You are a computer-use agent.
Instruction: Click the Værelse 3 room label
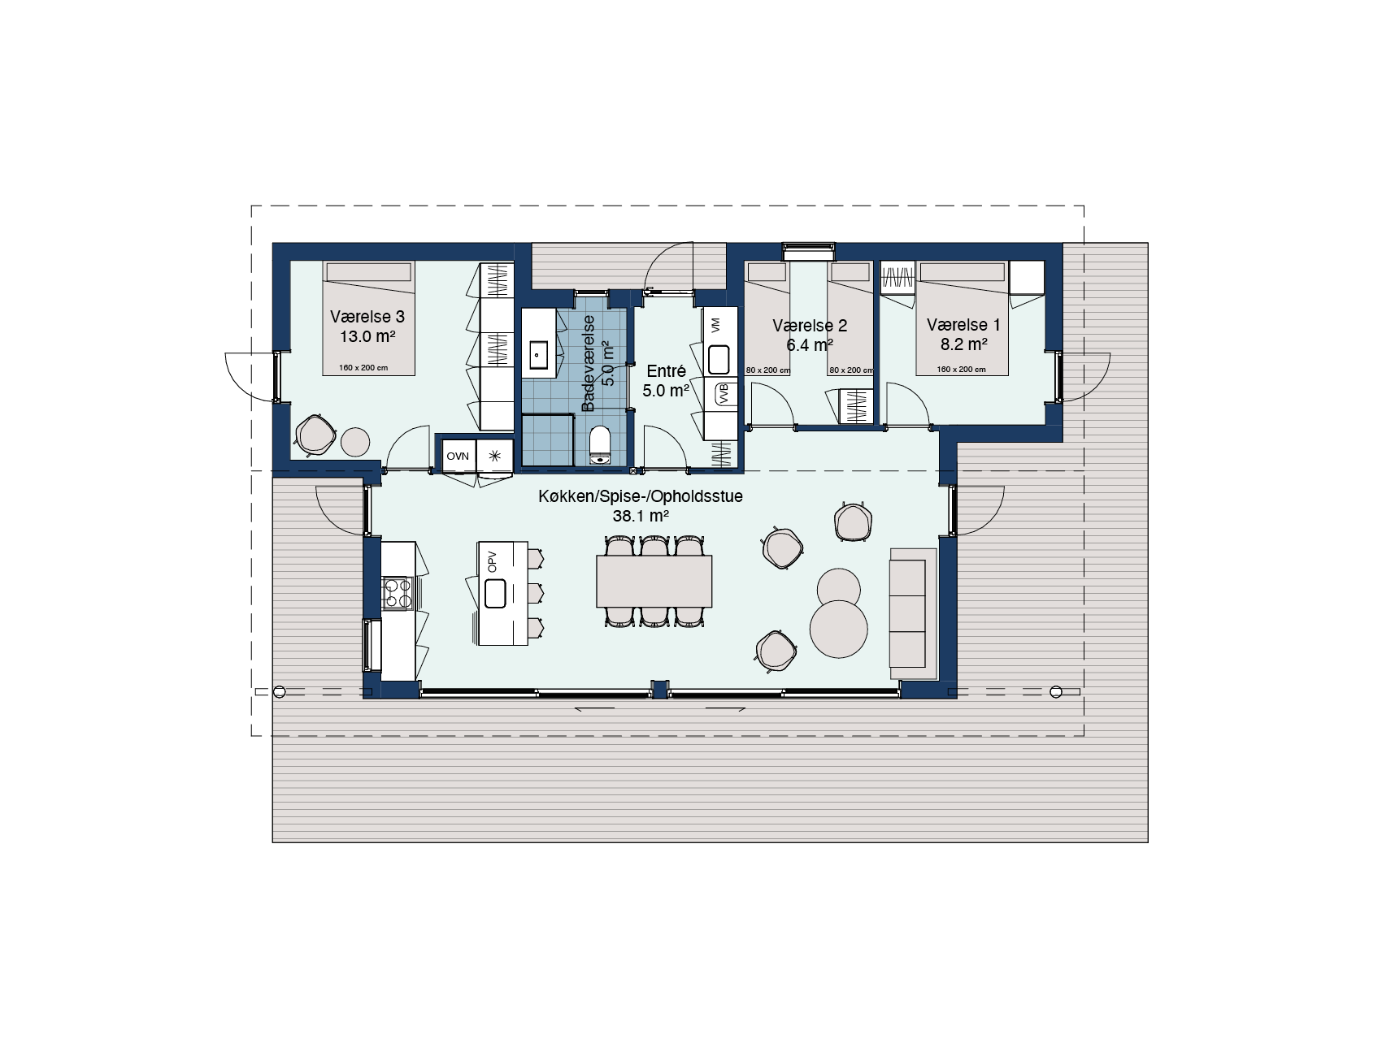coord(367,317)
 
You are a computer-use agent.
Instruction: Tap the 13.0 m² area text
coord(367,335)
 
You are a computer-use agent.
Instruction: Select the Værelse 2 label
coord(810,326)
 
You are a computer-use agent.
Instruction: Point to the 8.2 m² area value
coord(964,344)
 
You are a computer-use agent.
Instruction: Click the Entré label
coord(666,371)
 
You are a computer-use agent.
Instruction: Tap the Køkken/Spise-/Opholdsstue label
coord(641,496)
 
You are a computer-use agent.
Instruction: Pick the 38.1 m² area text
coord(641,516)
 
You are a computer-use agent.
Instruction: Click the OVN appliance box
coord(458,456)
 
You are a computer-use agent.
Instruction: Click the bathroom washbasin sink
coord(540,354)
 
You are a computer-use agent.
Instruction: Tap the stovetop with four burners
coord(398,592)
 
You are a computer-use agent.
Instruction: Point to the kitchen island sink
coord(496,593)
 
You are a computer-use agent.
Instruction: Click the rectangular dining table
coord(654,581)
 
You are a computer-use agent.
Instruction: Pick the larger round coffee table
coord(838,628)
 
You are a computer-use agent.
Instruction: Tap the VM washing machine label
coord(715,326)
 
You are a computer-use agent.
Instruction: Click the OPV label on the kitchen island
coord(492,561)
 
